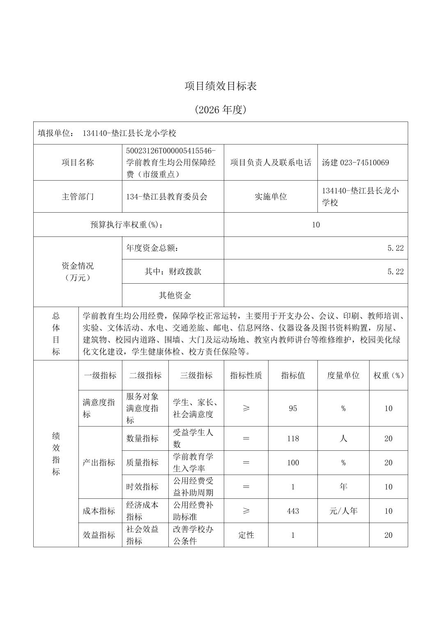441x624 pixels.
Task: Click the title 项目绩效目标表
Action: point(220,86)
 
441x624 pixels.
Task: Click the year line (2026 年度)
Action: point(220,110)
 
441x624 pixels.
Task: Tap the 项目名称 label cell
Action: point(78,163)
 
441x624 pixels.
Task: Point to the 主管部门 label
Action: point(78,197)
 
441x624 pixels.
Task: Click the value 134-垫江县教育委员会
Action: point(167,197)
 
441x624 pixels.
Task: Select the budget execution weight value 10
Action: point(316,225)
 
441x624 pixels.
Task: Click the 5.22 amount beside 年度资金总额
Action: point(395,248)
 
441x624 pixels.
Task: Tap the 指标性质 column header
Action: point(246,375)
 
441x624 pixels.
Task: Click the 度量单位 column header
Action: point(343,375)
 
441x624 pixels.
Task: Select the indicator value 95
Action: point(293,408)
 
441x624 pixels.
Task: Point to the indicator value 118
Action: point(293,438)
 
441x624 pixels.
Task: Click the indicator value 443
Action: point(293,511)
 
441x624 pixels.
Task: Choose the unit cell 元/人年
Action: point(343,511)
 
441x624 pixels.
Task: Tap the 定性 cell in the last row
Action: point(246,535)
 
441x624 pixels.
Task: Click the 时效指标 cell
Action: point(142,487)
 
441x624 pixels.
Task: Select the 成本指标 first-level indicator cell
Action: point(99,511)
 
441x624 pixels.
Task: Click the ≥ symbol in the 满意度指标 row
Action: point(246,408)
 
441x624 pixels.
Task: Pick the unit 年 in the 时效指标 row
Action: point(343,487)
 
